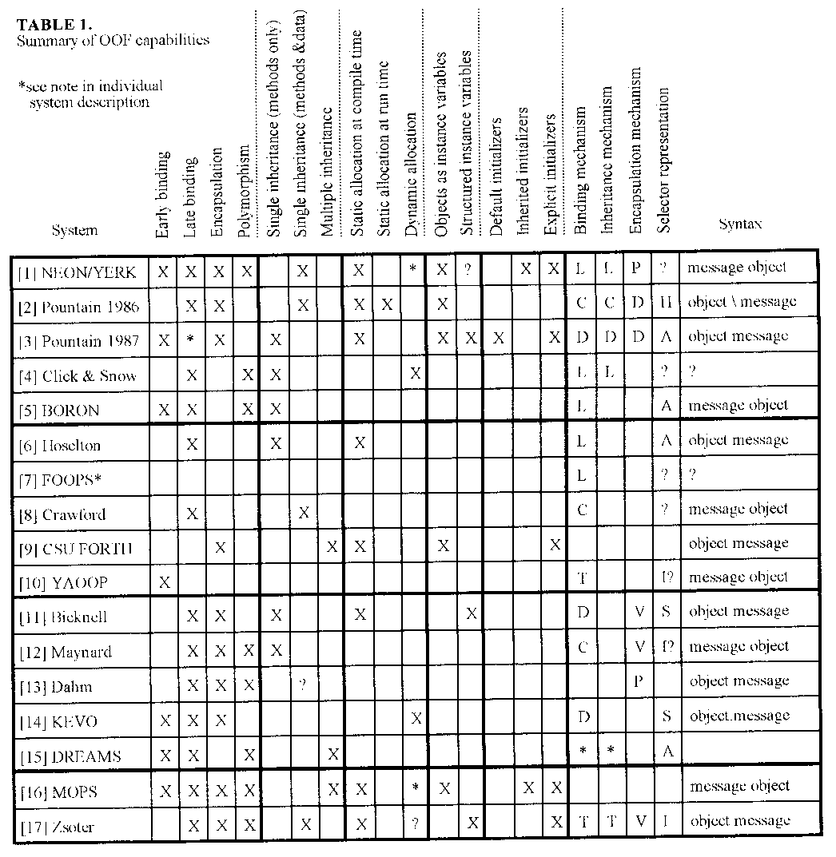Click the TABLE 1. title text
pos(55,23)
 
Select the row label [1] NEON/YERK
pos(78,272)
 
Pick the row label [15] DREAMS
pos(70,756)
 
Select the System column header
pos(74,230)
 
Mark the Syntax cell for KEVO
pos(739,716)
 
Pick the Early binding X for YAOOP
pos(164,582)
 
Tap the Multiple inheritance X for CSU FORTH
pos(332,547)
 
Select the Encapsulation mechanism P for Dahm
pos(637,681)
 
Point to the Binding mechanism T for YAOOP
pos(582,577)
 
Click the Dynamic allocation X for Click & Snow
pos(416,375)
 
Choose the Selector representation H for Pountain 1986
pos(664,303)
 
